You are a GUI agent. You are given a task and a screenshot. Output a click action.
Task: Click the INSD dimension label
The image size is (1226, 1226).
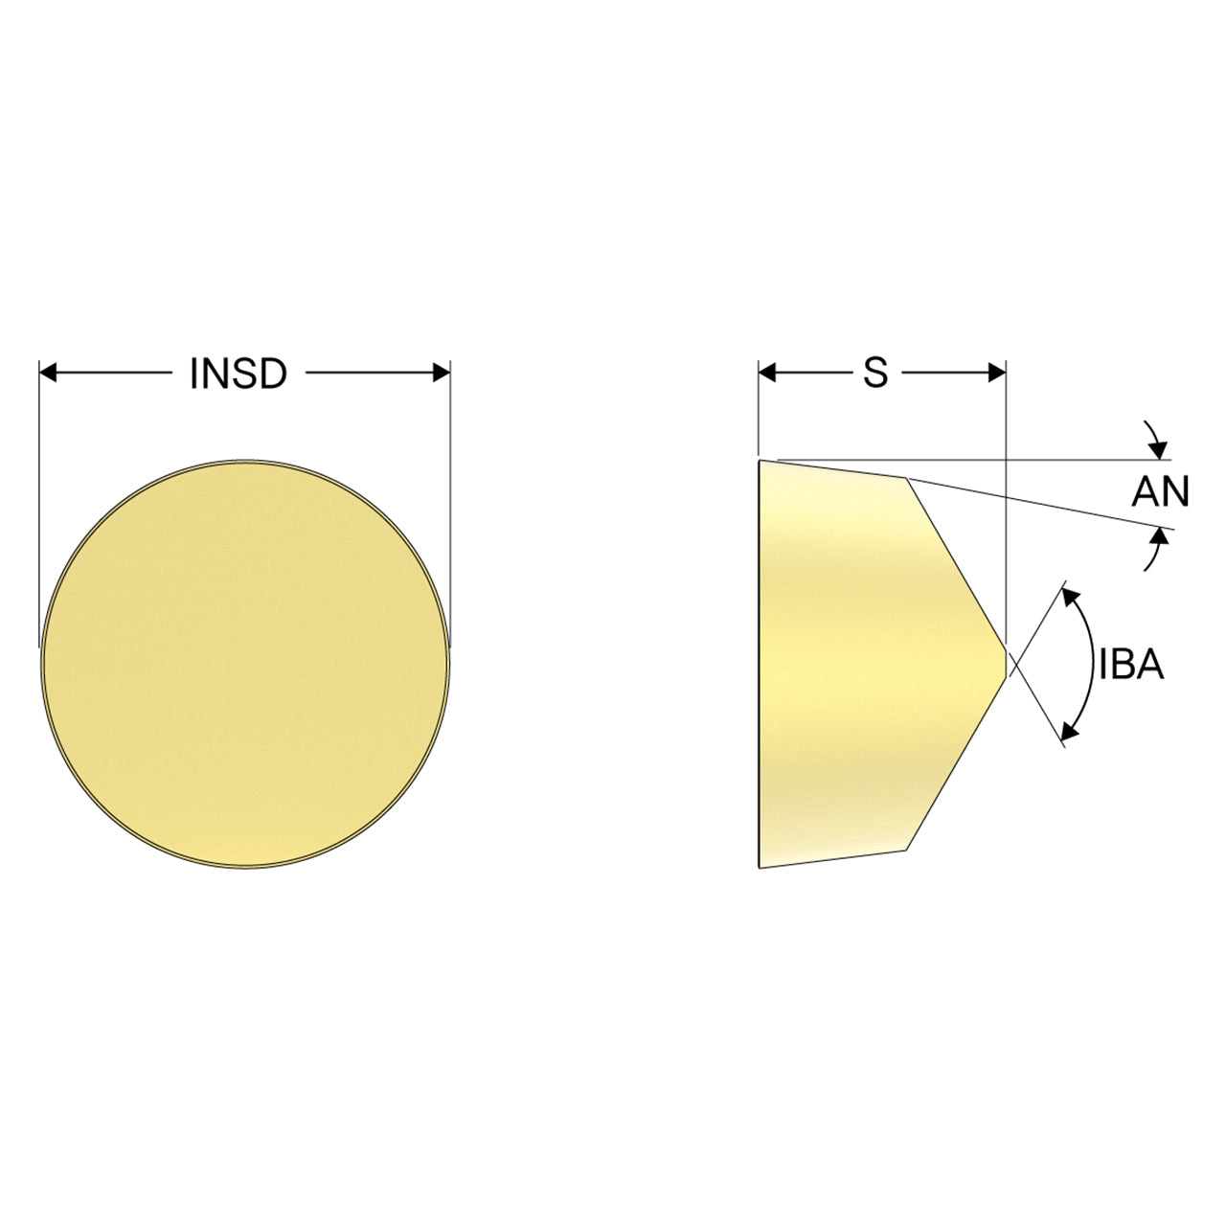tap(238, 374)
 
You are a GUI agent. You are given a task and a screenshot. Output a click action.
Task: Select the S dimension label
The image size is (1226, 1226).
tap(875, 374)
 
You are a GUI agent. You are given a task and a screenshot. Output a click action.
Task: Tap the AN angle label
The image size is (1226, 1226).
tap(1160, 491)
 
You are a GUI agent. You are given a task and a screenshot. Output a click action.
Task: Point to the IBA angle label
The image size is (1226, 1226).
tap(1132, 665)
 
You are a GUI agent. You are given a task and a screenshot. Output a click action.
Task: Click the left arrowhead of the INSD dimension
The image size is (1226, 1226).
tap(48, 373)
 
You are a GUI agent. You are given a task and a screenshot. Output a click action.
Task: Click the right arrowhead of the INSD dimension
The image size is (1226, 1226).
tap(442, 373)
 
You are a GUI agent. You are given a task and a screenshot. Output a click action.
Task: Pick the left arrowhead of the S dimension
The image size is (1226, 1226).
tap(767, 373)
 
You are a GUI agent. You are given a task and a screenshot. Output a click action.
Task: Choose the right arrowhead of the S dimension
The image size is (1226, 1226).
tap(997, 373)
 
